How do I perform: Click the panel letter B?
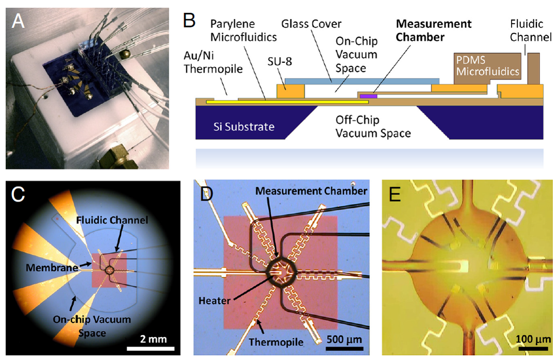pyautogui.click(x=189, y=21)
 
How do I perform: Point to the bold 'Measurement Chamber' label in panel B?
pyautogui.click(x=426, y=30)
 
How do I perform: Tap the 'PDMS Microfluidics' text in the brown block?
pyautogui.click(x=486, y=66)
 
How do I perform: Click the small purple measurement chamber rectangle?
pyautogui.click(x=369, y=96)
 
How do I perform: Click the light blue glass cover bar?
pyautogui.click(x=362, y=81)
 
